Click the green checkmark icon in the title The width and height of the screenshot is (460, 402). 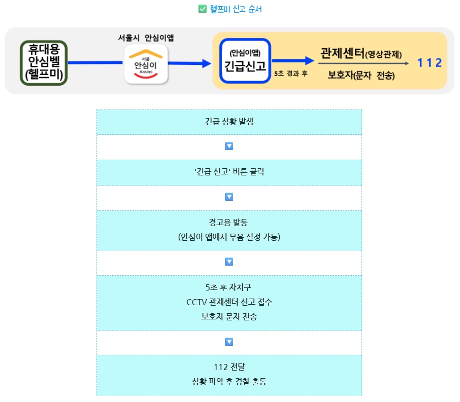click(202, 9)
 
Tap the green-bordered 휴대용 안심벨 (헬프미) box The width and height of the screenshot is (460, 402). click(44, 63)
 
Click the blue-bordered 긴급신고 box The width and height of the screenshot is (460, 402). click(245, 61)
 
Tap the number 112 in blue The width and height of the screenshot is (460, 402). click(430, 63)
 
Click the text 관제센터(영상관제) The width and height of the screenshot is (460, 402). click(361, 53)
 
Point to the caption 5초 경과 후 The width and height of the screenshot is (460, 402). click(291, 74)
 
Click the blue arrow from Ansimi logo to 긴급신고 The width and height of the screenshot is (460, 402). click(189, 63)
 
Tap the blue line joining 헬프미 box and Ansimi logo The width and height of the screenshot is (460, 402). click(95, 63)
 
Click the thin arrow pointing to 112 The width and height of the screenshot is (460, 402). click(364, 64)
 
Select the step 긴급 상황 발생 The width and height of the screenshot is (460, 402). click(229, 122)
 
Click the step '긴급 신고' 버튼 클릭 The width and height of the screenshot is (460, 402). click(229, 172)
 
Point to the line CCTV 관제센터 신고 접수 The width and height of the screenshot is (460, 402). click(229, 303)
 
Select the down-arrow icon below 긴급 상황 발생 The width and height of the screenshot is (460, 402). click(229, 147)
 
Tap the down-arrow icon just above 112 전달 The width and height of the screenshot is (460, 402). click(229, 342)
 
